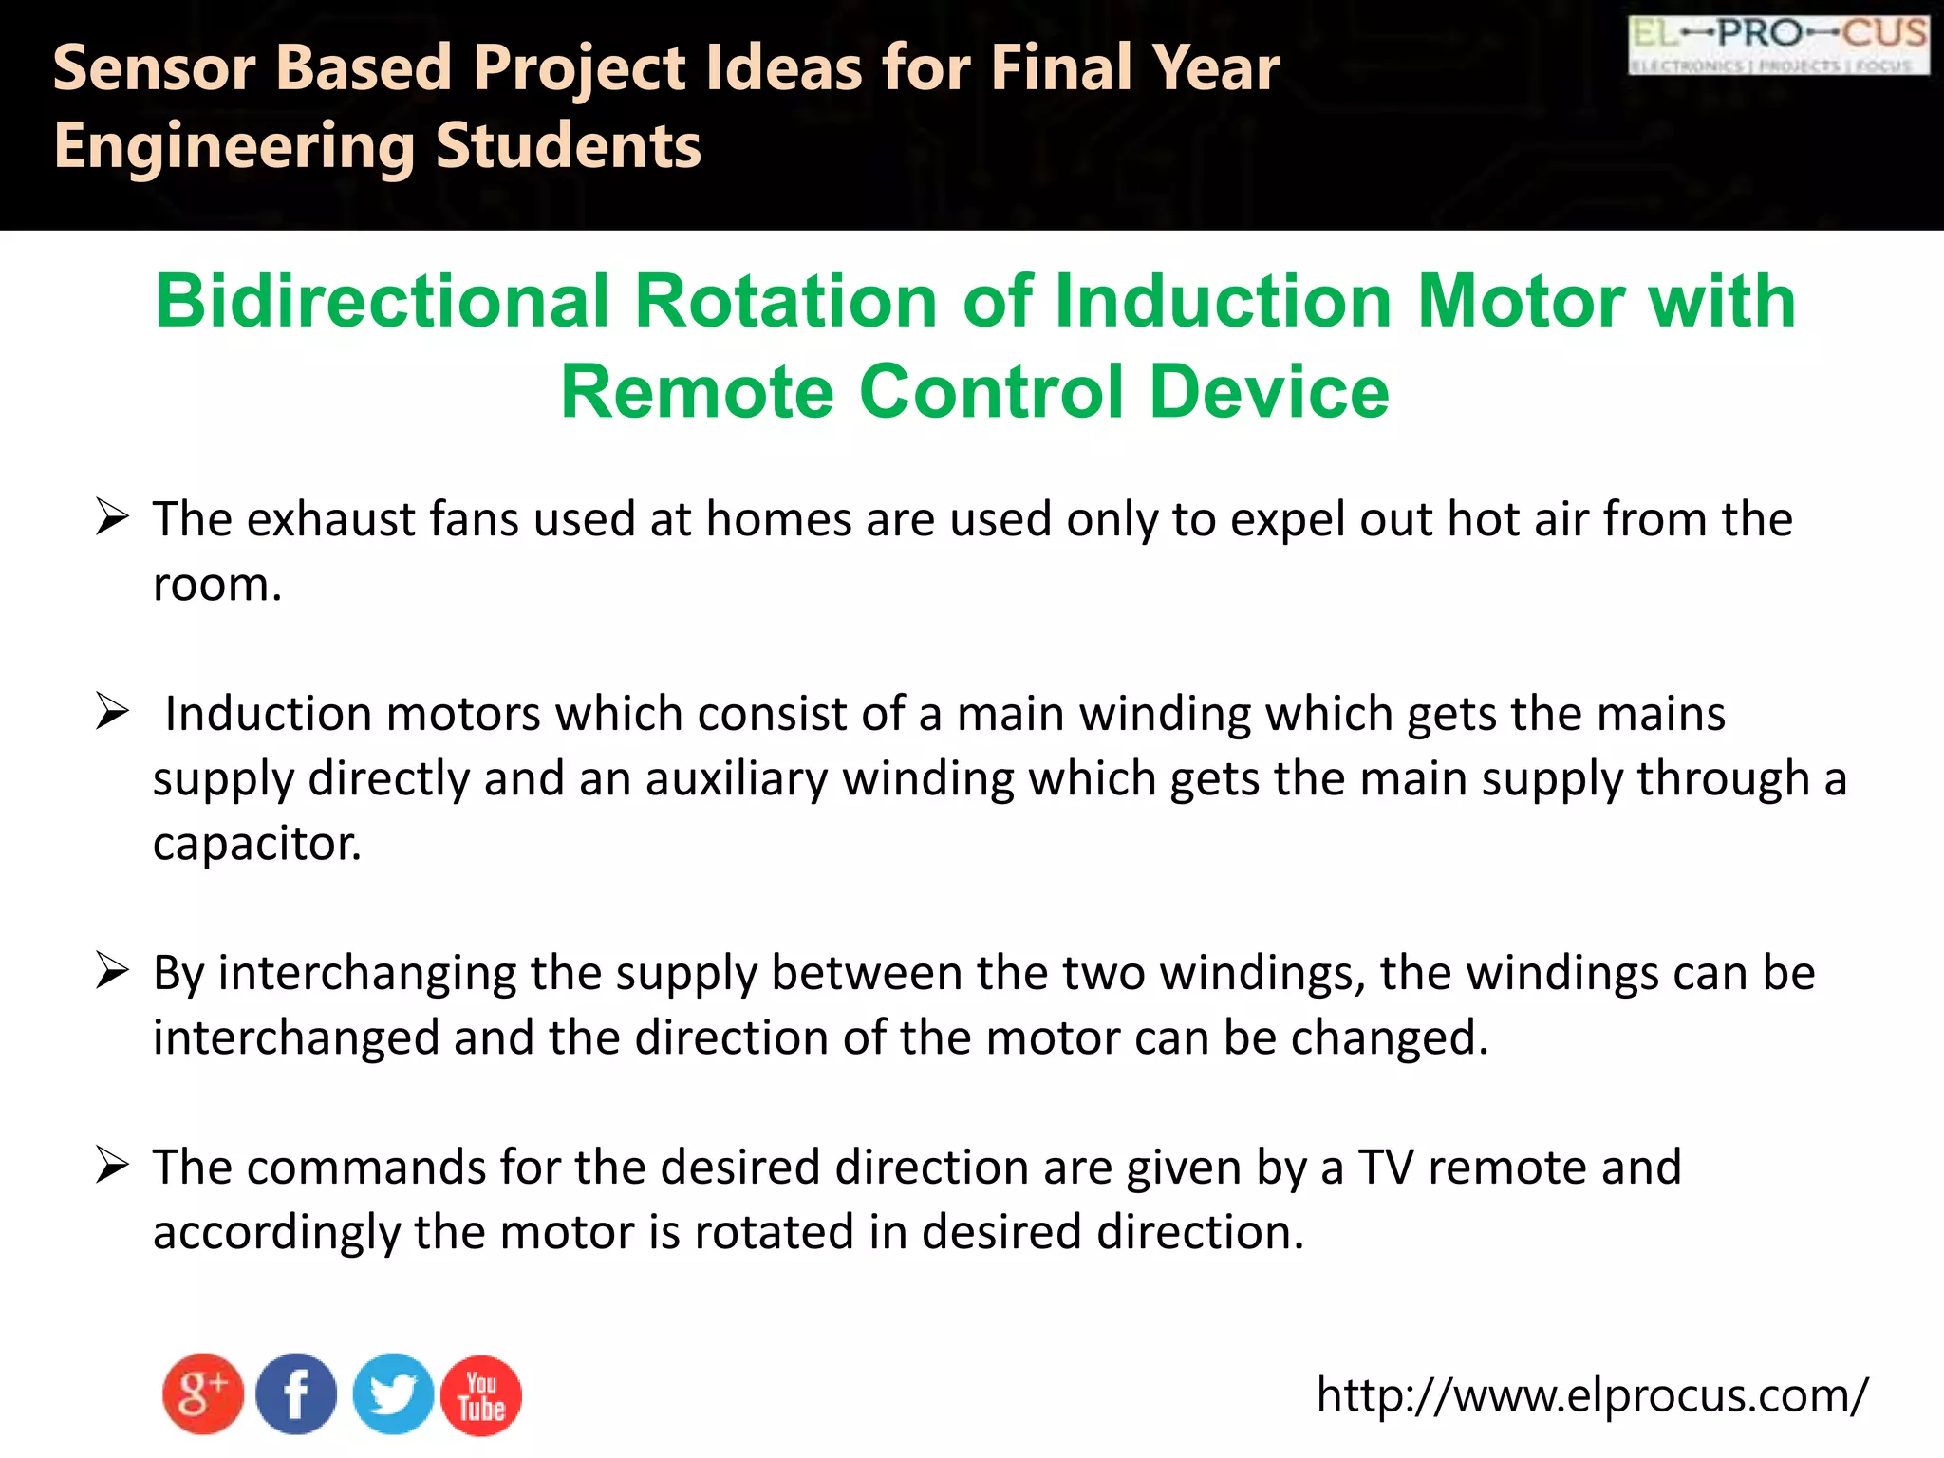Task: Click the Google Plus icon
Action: (x=202, y=1393)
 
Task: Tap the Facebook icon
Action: (x=296, y=1393)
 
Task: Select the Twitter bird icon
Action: (x=393, y=1393)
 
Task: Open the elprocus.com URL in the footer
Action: (x=1592, y=1395)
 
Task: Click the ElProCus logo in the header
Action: (x=1778, y=45)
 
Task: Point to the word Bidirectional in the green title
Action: (x=383, y=301)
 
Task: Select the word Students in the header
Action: (x=568, y=146)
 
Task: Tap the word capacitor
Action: (x=257, y=843)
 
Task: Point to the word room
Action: (x=217, y=585)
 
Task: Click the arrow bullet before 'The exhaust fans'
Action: (x=112, y=517)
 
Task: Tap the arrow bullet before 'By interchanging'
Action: (x=112, y=971)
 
